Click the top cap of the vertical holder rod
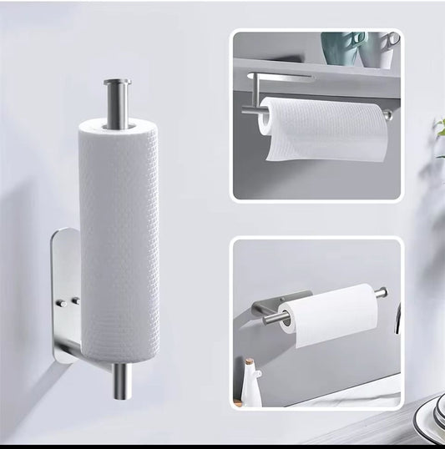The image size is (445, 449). pyautogui.click(x=117, y=83)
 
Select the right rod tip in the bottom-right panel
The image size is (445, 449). pyautogui.click(x=382, y=292)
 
